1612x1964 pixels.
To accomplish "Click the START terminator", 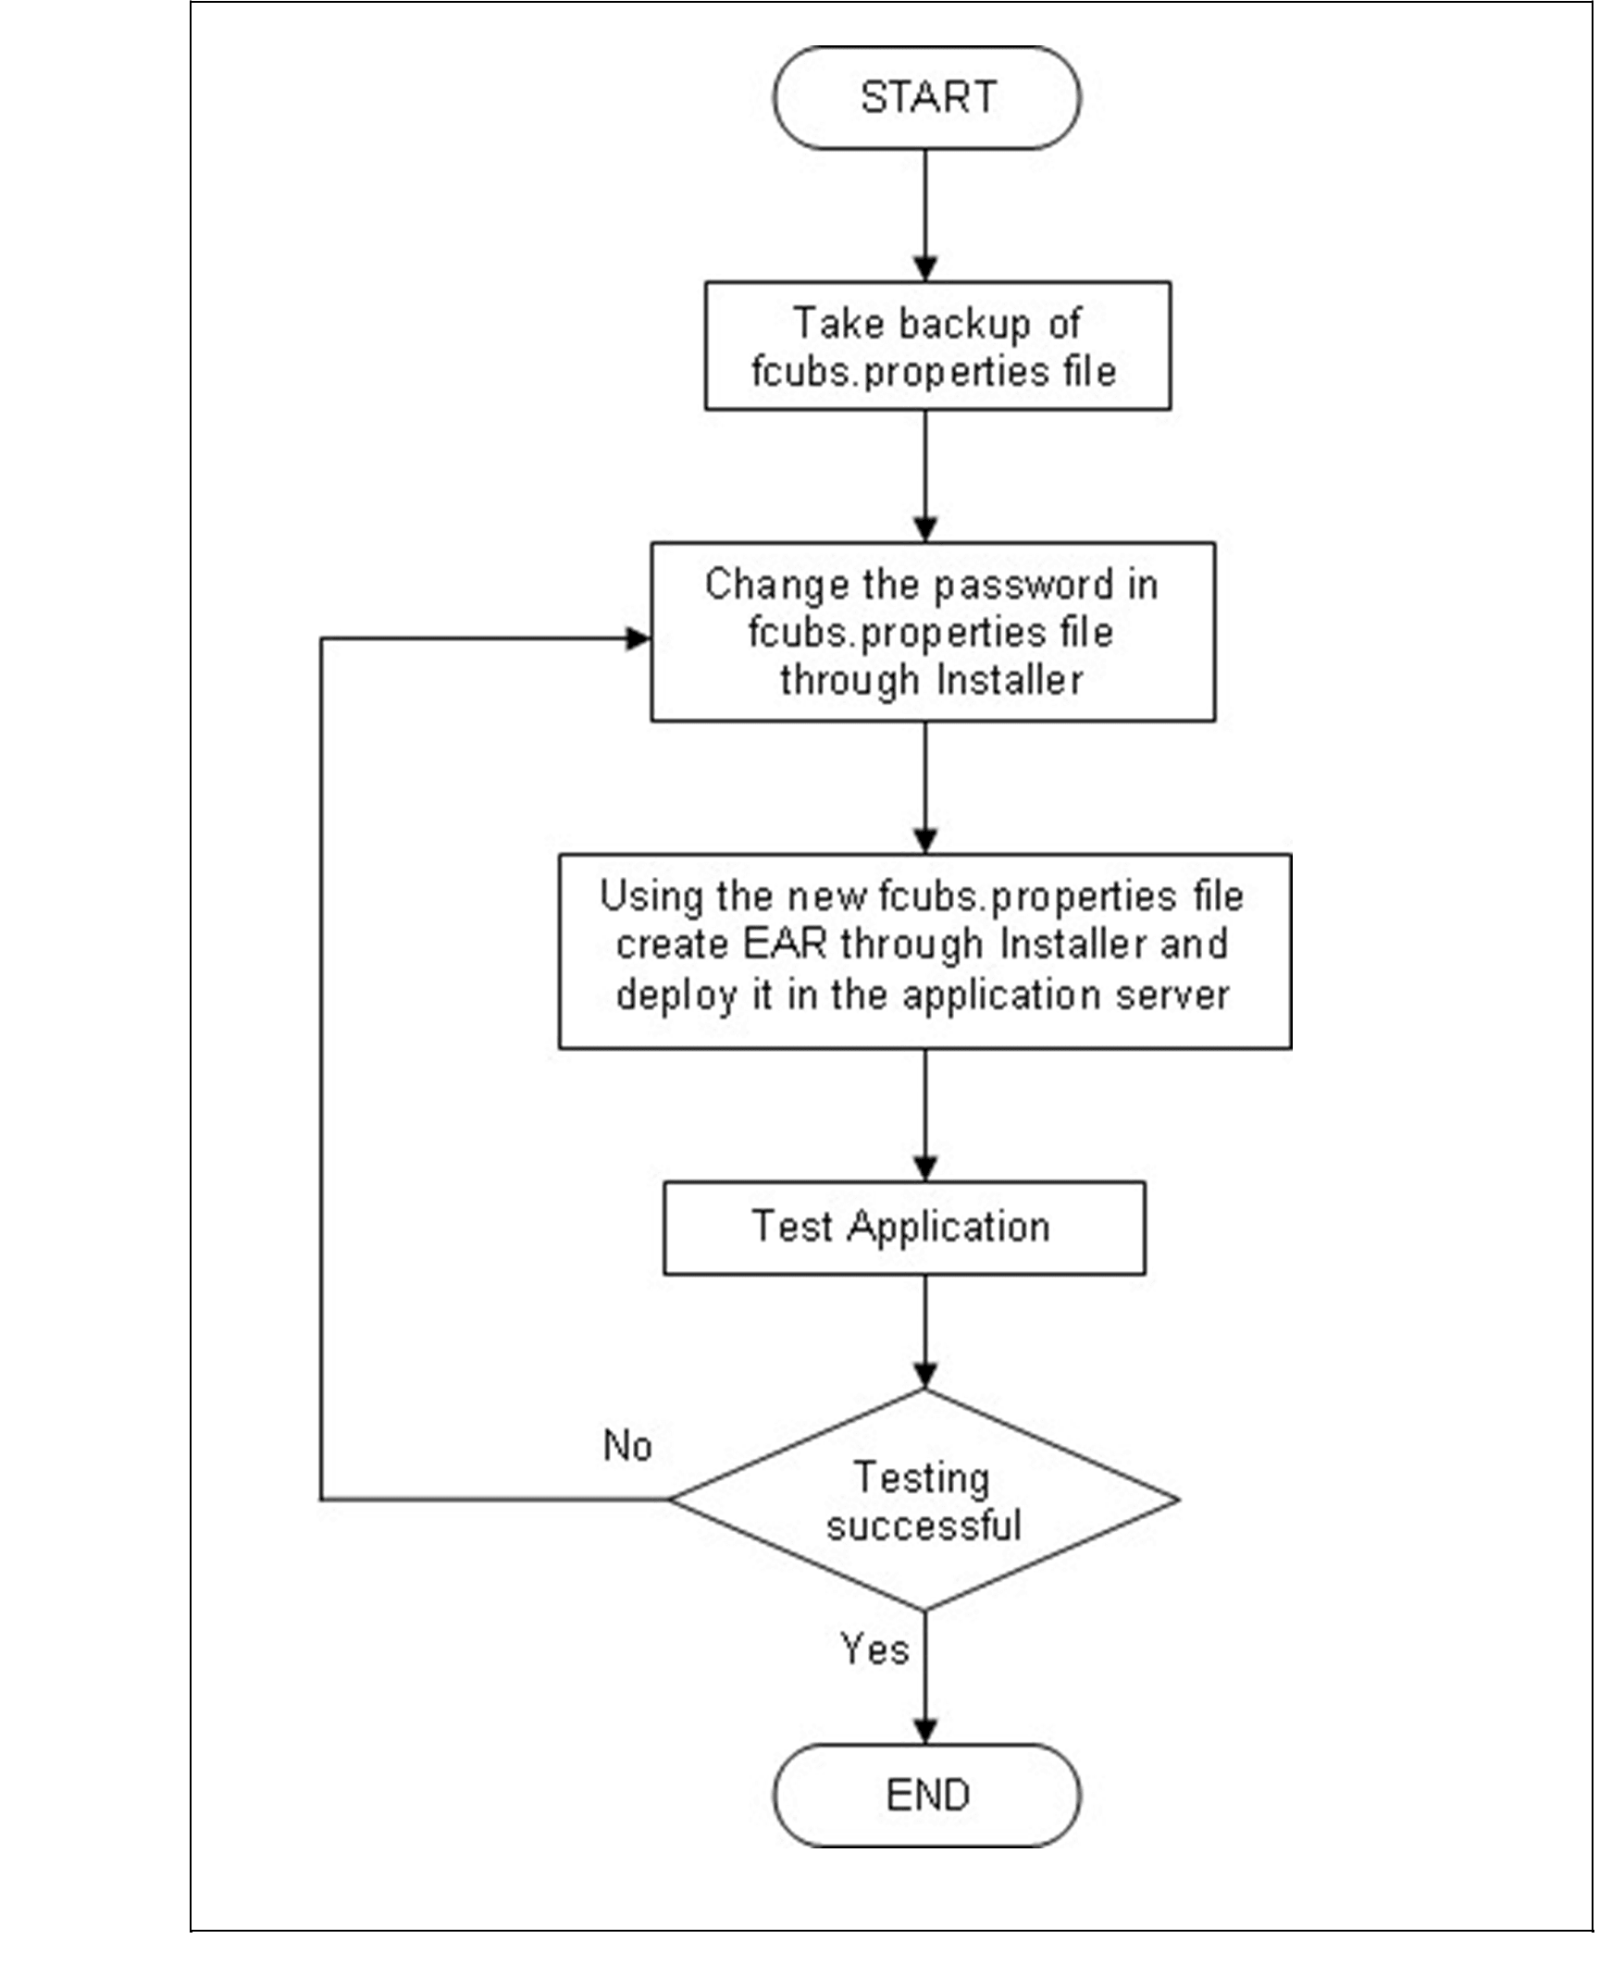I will [926, 97].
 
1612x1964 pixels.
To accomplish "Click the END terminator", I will [926, 1795].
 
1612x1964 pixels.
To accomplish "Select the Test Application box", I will [903, 1227].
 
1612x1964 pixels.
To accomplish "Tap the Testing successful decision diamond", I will [924, 1500].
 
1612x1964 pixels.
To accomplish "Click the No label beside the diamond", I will [626, 1446].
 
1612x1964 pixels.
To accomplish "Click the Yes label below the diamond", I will [874, 1649].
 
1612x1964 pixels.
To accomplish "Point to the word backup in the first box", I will [965, 324].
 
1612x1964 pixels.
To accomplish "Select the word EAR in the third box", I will [784, 945].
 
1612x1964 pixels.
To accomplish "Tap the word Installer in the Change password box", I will [1010, 680].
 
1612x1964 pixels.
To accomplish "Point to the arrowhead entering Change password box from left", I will [639, 638].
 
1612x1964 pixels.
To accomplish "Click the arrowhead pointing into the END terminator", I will [924, 1730].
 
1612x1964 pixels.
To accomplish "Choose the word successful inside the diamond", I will [924, 1525].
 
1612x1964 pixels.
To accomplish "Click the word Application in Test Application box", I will [949, 1227].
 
